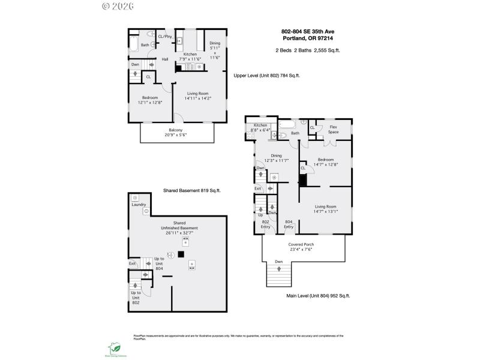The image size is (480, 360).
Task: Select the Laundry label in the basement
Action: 139,205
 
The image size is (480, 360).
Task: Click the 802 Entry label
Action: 265,224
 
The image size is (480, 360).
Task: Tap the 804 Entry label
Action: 289,224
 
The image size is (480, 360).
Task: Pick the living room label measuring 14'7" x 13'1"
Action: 326,208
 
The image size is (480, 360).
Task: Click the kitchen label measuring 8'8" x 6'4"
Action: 262,127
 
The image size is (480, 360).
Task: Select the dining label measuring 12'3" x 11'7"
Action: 277,158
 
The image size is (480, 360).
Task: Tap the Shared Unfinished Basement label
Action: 179,228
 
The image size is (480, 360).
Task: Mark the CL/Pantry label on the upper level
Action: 165,37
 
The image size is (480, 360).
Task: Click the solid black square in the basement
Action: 181,254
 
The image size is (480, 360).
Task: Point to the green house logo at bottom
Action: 115,347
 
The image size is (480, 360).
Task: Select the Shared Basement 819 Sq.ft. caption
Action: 192,190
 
